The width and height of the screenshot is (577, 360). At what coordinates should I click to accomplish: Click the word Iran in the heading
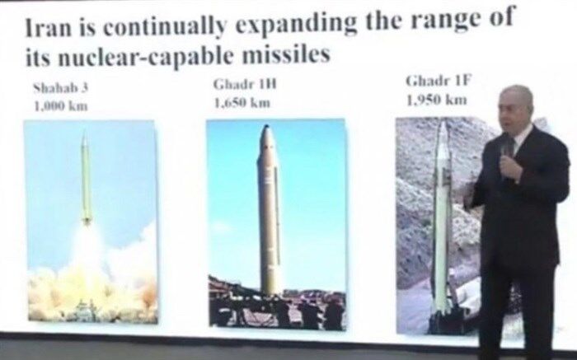pos(49,28)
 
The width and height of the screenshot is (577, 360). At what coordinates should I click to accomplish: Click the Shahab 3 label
pos(60,88)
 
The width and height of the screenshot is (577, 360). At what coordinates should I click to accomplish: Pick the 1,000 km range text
pos(61,106)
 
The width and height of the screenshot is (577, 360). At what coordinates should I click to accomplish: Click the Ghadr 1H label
pos(245,84)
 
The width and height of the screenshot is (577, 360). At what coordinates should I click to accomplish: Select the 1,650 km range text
pos(242,103)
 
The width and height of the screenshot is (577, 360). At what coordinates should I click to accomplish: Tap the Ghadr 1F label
pos(439,81)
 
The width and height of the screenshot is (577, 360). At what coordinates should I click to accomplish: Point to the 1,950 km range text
pos(437,100)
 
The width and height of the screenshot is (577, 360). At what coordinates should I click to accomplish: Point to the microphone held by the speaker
pos(506,154)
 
